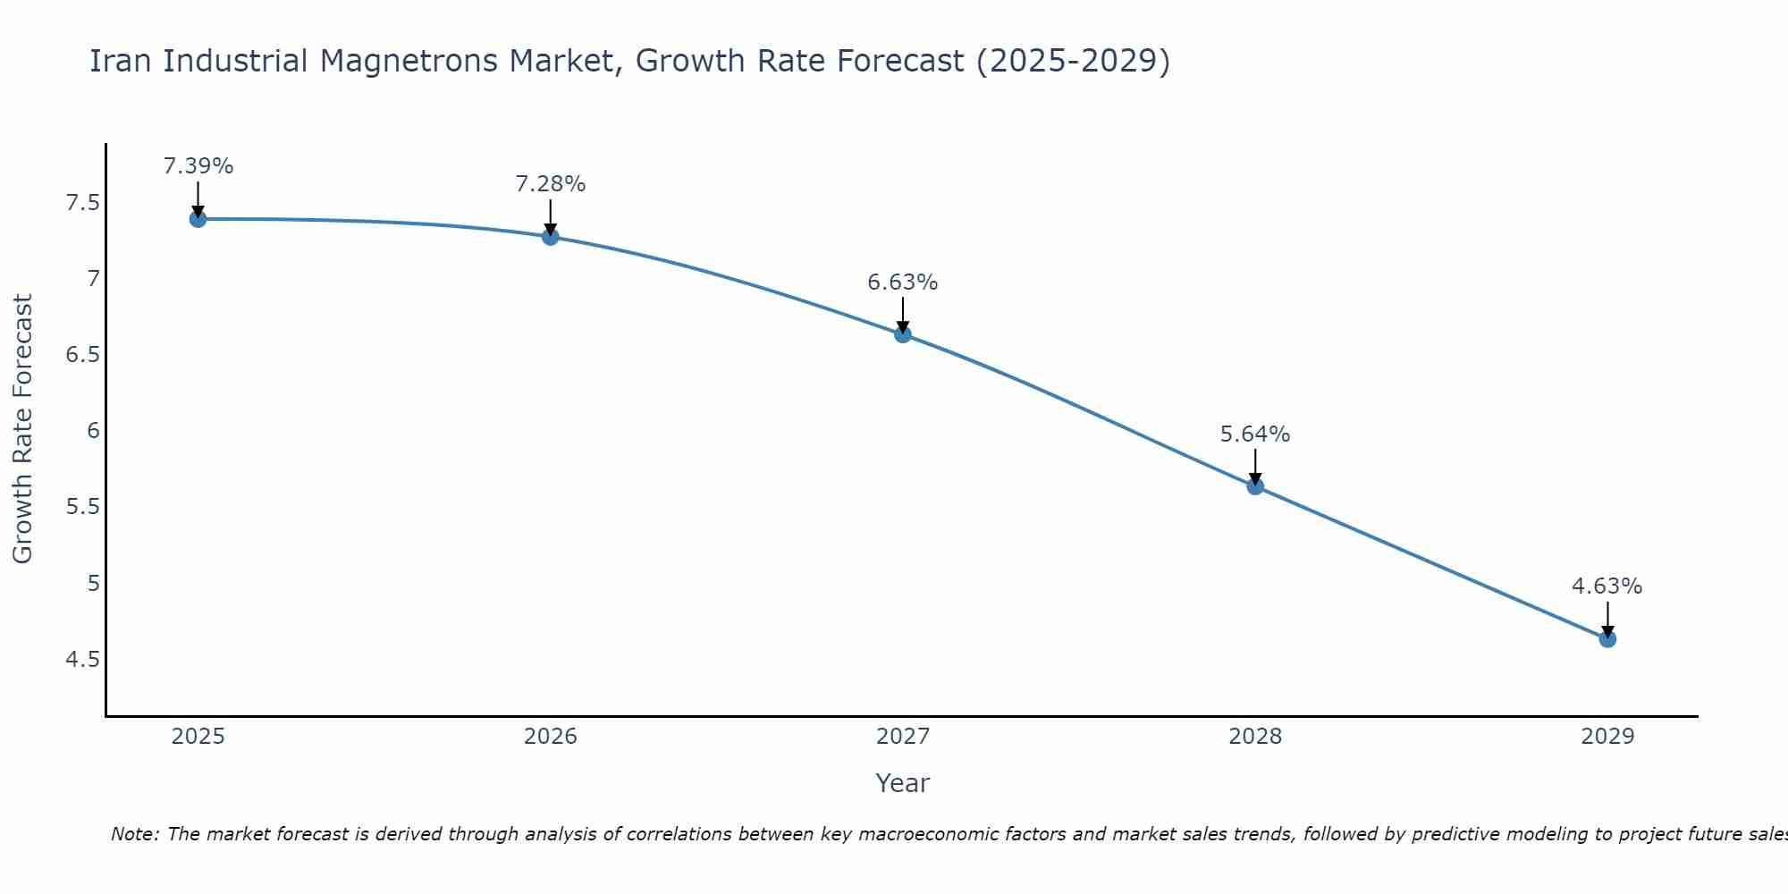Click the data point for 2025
point(198,219)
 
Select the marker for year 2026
point(551,237)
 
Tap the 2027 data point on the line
point(903,334)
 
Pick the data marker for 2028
point(1255,486)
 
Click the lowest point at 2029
point(1607,639)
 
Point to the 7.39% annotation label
point(198,166)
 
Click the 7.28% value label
point(551,184)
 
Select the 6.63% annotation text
point(903,283)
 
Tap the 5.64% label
point(1255,434)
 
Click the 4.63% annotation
point(1607,586)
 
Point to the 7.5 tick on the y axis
point(82,203)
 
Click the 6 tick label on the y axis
point(93,431)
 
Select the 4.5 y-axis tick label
point(82,660)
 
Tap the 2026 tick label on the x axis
point(551,737)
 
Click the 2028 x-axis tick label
point(1255,737)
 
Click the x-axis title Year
point(903,783)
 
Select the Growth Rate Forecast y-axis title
point(23,429)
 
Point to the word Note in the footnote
point(134,834)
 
